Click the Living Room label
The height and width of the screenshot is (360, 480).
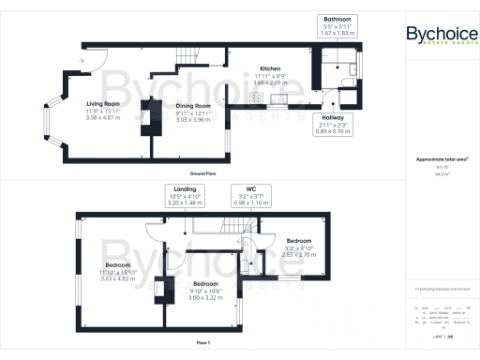click(x=103, y=103)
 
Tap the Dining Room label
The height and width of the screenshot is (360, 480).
click(x=195, y=106)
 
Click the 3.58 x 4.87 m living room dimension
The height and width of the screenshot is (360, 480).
click(x=103, y=117)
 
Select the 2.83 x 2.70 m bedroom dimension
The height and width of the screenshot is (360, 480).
click(x=305, y=254)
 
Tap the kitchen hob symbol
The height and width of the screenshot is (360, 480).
click(x=279, y=97)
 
